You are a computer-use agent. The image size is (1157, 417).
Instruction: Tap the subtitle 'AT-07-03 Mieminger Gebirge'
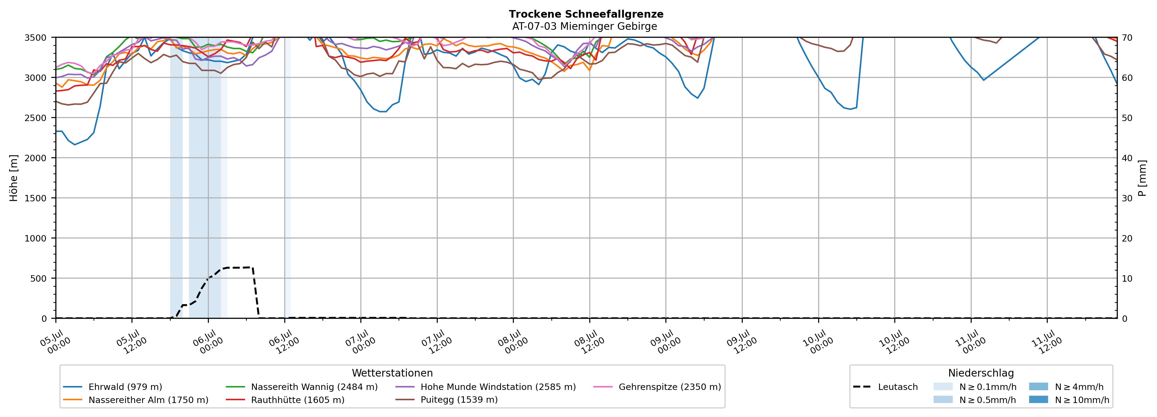click(584, 26)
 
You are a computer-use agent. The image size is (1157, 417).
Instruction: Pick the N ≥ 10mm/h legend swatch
click(1038, 399)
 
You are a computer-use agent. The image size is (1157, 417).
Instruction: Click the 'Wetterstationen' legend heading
click(392, 373)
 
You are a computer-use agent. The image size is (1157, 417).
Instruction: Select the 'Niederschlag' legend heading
click(981, 373)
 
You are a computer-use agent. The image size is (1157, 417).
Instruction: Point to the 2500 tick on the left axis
click(36, 118)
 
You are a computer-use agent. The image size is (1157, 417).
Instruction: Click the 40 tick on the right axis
click(1127, 158)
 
